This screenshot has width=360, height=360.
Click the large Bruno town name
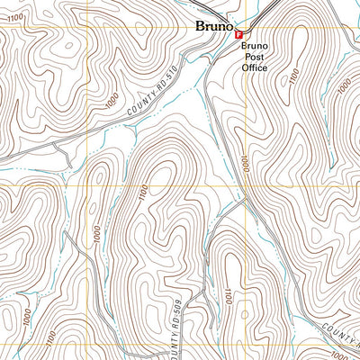tap(215, 27)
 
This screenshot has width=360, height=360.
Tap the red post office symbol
tap(238, 35)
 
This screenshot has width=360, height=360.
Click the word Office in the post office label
tap(256, 67)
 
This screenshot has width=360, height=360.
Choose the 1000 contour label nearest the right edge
tap(345, 87)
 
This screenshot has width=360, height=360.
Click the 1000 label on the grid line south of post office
tap(244, 164)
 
